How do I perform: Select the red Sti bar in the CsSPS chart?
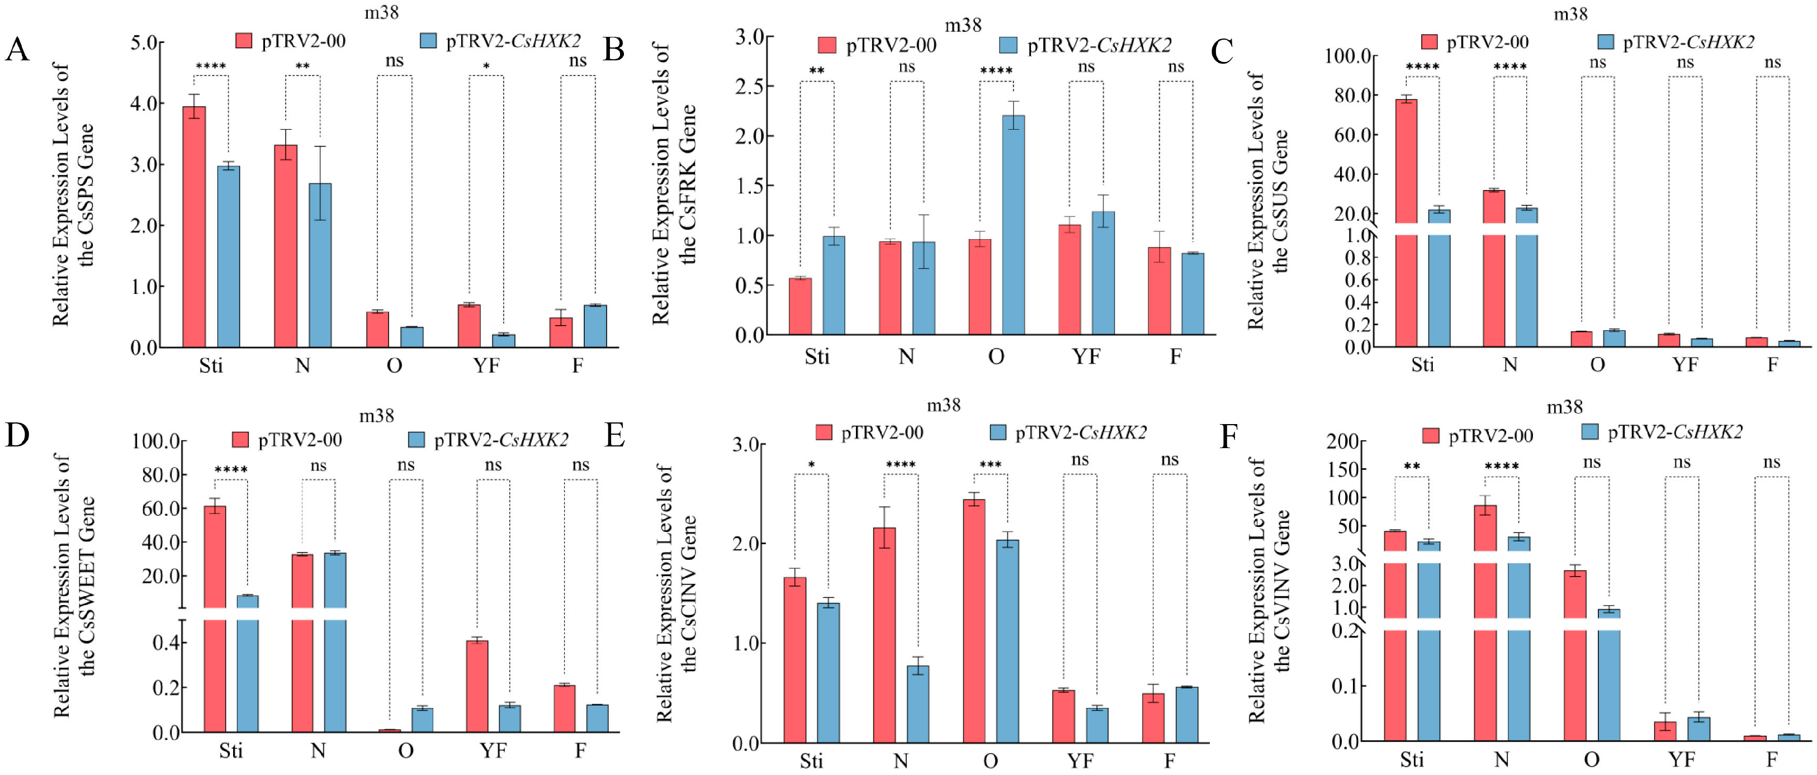(194, 227)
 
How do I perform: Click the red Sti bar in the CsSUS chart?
(1406, 223)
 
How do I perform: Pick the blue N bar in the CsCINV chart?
(917, 704)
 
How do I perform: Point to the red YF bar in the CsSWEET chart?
(477, 686)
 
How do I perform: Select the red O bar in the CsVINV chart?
(1575, 656)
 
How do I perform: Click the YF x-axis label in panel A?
(486, 365)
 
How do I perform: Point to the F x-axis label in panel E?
(1170, 761)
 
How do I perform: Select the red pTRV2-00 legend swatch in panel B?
(827, 45)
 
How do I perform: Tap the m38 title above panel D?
(377, 416)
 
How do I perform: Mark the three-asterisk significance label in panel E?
(990, 465)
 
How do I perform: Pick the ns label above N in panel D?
(318, 465)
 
